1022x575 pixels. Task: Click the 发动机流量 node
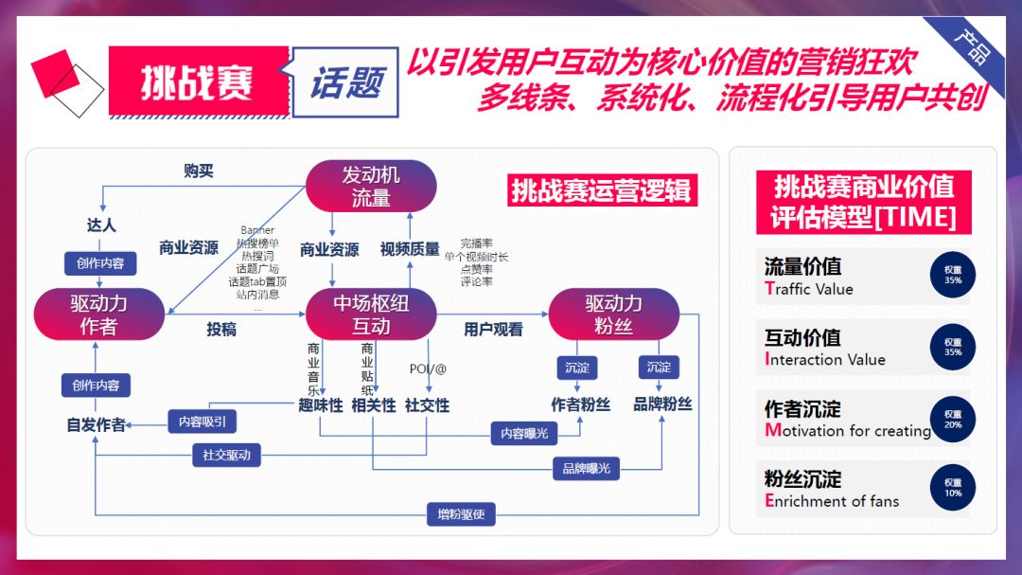(370, 186)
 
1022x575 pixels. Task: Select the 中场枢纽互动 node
(370, 314)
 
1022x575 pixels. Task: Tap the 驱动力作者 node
(98, 314)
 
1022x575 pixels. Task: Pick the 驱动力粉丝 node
(613, 314)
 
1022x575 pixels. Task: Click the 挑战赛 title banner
(198, 82)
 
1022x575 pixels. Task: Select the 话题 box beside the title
(345, 82)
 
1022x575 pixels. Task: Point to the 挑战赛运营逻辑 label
(602, 190)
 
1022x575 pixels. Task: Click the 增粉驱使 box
(461, 515)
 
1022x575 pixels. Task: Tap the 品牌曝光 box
(586, 468)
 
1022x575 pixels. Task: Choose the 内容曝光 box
(524, 433)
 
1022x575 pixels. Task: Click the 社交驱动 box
(226, 455)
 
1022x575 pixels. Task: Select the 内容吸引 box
(203, 422)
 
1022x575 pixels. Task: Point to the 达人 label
(100, 225)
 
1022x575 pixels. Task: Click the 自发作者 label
(96, 425)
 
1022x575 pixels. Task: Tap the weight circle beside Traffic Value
(952, 275)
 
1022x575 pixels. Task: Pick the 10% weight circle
(952, 487)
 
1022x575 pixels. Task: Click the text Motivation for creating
(848, 431)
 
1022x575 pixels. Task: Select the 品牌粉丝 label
(662, 404)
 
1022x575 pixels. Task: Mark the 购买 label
(199, 171)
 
